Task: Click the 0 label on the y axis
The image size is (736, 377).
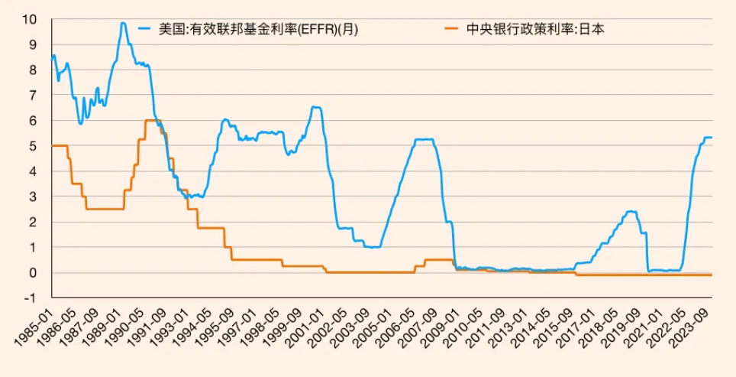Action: (x=34, y=272)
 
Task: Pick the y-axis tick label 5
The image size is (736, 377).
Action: (x=34, y=145)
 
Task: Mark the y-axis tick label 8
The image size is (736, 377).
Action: (x=34, y=70)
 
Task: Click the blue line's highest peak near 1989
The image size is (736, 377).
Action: (x=123, y=23)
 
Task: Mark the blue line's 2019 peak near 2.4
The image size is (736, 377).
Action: (x=631, y=212)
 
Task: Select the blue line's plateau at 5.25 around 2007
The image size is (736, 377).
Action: (x=424, y=139)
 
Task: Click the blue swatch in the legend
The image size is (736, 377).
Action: (x=144, y=30)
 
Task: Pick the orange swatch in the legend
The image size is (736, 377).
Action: (x=451, y=30)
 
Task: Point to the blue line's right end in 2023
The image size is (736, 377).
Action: (x=712, y=138)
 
